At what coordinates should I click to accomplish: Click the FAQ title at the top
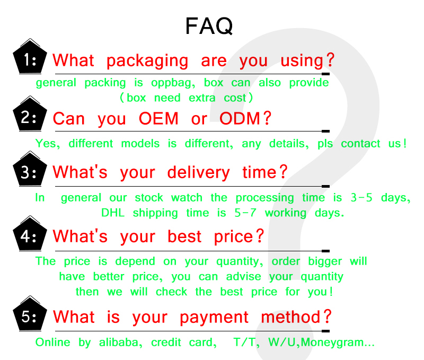(209, 26)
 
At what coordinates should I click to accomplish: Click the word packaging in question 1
(147, 61)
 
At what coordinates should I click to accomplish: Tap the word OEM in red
(158, 118)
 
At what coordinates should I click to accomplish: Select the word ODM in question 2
(240, 118)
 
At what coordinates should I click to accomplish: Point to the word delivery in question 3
(198, 173)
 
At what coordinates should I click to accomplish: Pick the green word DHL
(113, 213)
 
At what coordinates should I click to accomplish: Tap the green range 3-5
(361, 198)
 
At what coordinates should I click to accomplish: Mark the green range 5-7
(245, 213)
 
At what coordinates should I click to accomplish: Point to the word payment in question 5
(214, 318)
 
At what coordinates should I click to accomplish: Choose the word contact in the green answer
(360, 144)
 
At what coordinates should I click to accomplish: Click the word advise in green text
(244, 276)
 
